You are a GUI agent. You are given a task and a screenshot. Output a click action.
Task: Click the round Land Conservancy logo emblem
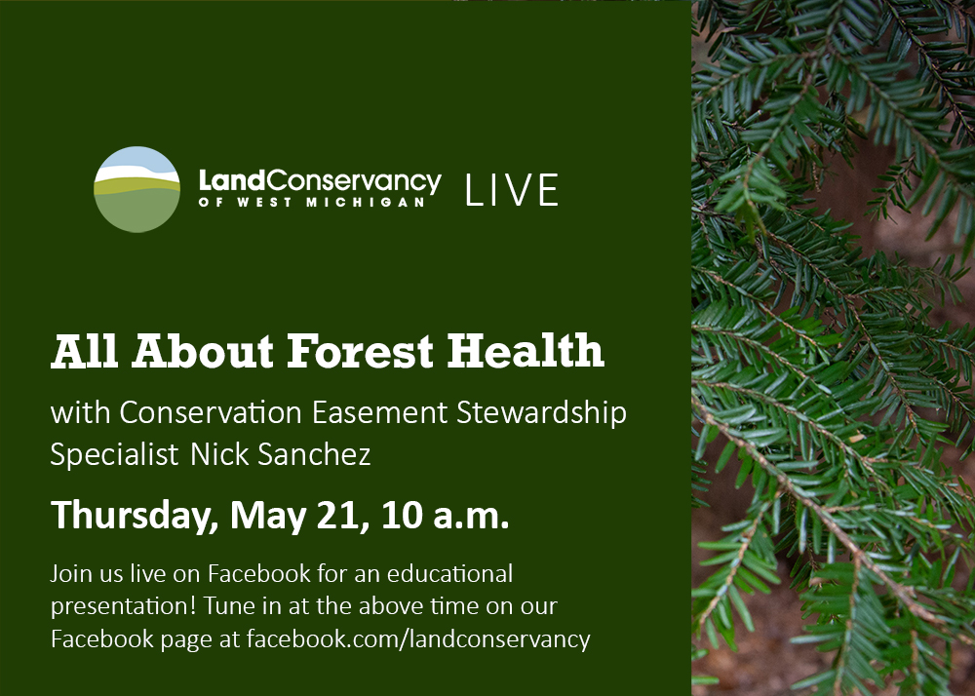(x=136, y=189)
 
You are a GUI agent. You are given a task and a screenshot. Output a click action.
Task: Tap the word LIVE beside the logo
(x=512, y=190)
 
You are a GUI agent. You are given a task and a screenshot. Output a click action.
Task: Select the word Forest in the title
(x=360, y=351)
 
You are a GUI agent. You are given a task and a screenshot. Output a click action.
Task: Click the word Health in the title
(x=526, y=351)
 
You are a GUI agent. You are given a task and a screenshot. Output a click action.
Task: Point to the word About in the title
(x=202, y=351)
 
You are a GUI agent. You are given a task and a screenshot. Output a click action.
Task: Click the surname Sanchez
(x=314, y=454)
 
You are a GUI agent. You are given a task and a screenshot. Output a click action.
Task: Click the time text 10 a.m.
(x=446, y=516)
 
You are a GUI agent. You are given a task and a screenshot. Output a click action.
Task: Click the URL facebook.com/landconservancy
(x=418, y=639)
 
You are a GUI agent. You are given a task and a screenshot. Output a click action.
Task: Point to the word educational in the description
(x=449, y=573)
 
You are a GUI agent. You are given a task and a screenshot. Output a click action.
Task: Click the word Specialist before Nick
(x=114, y=455)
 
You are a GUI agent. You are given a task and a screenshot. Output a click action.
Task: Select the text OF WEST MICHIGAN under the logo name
(x=312, y=202)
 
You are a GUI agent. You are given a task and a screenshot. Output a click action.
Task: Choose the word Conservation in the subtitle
(x=211, y=412)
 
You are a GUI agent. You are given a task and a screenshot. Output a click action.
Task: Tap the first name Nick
(x=218, y=454)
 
